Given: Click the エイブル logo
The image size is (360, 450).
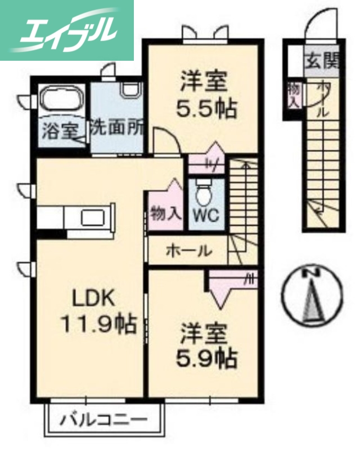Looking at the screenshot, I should pyautogui.click(x=66, y=29).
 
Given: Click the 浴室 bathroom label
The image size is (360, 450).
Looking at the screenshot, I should pyautogui.click(x=61, y=130).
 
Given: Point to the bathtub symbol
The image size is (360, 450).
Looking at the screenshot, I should pyautogui.click(x=62, y=101).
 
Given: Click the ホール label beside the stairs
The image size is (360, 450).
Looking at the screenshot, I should pyautogui.click(x=188, y=251).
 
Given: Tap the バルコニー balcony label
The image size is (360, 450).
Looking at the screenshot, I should pyautogui.click(x=104, y=420).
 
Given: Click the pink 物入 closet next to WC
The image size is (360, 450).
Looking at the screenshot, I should pyautogui.click(x=166, y=213).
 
